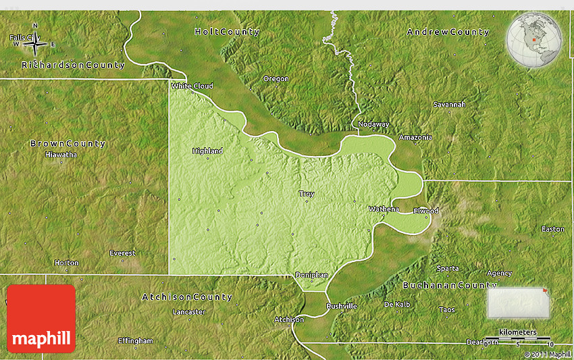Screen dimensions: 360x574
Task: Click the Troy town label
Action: click(x=307, y=194)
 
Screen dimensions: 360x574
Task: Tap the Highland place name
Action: click(x=207, y=151)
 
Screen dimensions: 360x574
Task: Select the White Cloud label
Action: click(x=192, y=86)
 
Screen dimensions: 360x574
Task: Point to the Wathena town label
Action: click(x=384, y=209)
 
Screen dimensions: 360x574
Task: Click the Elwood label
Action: click(x=426, y=211)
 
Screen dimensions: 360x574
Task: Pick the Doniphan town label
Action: click(x=311, y=275)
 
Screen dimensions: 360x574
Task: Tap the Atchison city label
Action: click(x=288, y=319)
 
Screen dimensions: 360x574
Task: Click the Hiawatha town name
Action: click(x=61, y=155)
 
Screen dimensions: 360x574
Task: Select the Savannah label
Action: click(x=449, y=105)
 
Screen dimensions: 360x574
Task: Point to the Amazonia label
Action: click(x=415, y=137)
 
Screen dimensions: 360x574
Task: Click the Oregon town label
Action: click(x=276, y=79)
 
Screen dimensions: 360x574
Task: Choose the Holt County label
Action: click(x=226, y=32)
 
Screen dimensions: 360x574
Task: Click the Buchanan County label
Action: click(x=450, y=286)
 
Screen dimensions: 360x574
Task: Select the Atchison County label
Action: click(x=187, y=297)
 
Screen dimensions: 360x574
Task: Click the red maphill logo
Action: click(x=41, y=318)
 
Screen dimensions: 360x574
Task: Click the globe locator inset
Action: click(x=534, y=40)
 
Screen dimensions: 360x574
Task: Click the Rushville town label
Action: click(x=341, y=306)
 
